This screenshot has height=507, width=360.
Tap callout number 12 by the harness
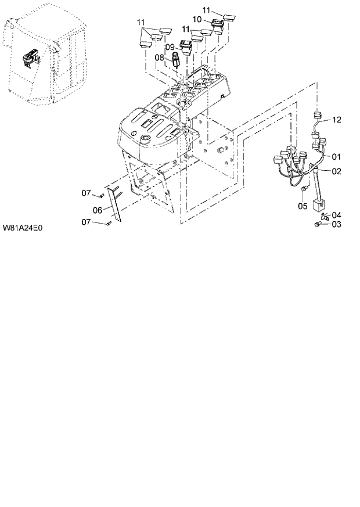337,120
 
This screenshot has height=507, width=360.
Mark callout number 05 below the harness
303,206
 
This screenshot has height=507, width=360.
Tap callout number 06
98,210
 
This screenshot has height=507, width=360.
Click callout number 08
160,57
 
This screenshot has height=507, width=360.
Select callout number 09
170,46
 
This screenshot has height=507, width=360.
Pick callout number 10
197,19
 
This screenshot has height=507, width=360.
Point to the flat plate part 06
116,203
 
